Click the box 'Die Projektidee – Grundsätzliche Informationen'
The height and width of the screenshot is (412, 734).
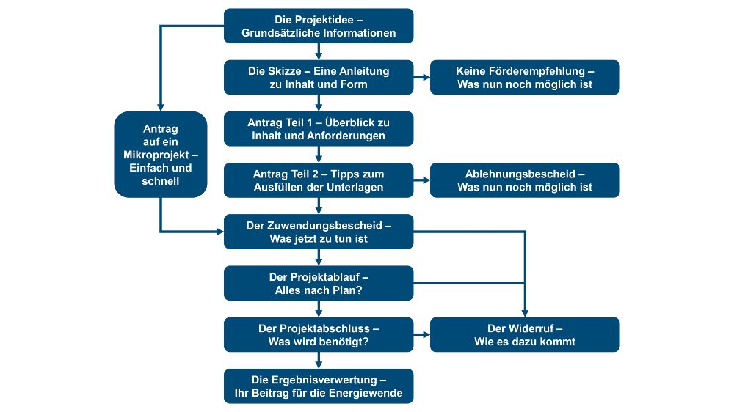[x=319, y=26]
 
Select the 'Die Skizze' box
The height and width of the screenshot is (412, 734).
[x=319, y=77]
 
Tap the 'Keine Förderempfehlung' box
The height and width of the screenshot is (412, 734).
[x=525, y=77]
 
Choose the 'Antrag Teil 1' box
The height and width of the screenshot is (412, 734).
[x=319, y=128]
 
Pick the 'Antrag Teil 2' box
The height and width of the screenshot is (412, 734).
[x=319, y=180]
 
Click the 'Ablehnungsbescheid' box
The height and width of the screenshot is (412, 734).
[x=525, y=180]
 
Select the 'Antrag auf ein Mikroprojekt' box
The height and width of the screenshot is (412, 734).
[x=160, y=154]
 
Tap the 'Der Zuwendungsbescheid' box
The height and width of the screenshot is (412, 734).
[x=319, y=232]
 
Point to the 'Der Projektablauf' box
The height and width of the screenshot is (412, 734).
[x=319, y=283]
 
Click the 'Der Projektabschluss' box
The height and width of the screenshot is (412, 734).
[x=319, y=334]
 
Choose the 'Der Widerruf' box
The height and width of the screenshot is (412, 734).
[x=525, y=334]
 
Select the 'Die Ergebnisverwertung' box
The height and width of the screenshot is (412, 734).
[x=319, y=386]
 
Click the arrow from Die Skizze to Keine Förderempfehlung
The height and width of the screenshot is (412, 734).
[x=422, y=77]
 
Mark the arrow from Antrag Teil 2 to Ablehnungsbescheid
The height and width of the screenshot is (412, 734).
[x=422, y=180]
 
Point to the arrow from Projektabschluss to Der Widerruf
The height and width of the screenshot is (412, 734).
[x=422, y=334]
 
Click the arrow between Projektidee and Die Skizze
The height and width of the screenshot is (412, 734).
[x=319, y=51]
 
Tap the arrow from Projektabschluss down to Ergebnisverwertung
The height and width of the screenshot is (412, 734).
[x=319, y=360]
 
